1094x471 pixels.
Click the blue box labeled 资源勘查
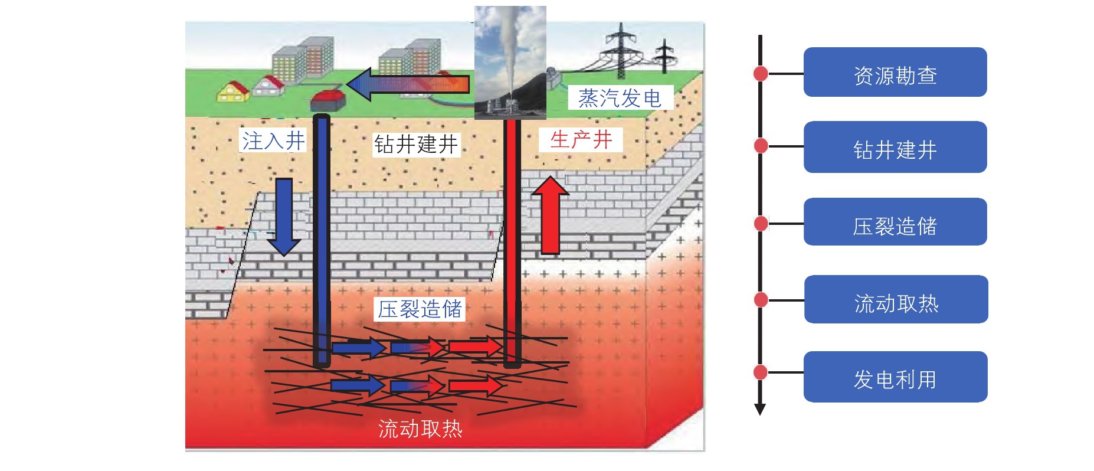895,73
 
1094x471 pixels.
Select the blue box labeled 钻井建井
895,147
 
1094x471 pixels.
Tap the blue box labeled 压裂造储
895,222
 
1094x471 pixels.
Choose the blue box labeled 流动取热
896,299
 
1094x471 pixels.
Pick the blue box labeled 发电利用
895,377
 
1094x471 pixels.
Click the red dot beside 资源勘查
761,73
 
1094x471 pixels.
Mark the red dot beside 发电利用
761,372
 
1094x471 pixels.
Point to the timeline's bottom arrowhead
760,409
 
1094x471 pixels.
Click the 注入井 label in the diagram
273,140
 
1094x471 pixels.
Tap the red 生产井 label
581,140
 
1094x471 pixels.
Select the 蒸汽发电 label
620,98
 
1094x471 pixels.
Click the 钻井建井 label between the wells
416,144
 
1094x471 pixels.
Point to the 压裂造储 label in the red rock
420,309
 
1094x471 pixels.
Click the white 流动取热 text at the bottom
420,429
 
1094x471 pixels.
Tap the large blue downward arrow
284,216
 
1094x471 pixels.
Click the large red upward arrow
550,215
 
